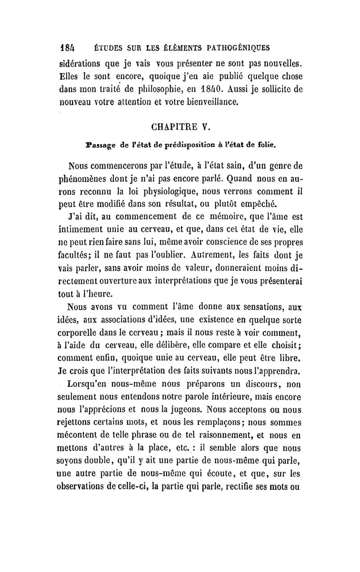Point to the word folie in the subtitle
265,145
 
